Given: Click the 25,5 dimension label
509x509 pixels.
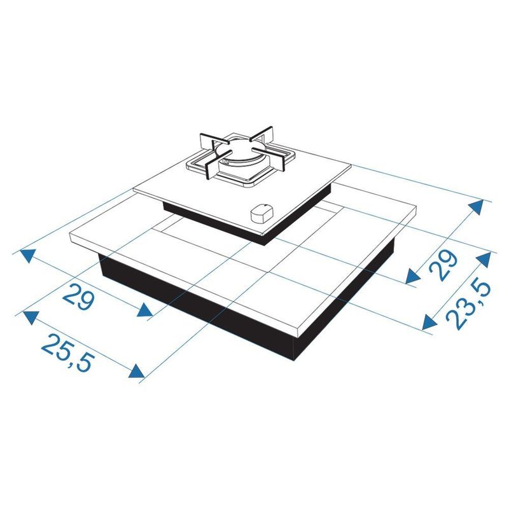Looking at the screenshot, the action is pos(69,353).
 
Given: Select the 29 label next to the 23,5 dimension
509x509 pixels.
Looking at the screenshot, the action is pos(443,265).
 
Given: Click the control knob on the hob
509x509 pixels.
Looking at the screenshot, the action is pos(262,213).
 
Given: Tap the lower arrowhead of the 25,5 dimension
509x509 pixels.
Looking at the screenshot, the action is pos(137,371).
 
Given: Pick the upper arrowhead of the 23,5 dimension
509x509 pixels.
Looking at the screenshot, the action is pos(484,259).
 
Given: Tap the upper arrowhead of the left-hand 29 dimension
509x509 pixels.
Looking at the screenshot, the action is pos(29,255).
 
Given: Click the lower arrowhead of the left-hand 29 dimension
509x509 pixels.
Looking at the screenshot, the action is pos(145,311).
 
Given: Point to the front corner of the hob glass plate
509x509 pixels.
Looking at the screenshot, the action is pos(263,234).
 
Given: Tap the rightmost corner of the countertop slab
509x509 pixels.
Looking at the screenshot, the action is pos(416,205).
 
